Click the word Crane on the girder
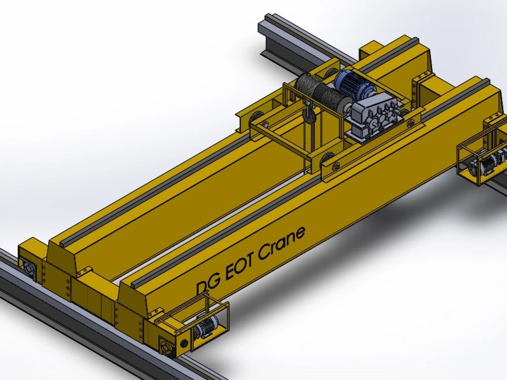(x=282, y=243)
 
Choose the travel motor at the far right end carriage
(x=485, y=164)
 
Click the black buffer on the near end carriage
(x=185, y=342)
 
